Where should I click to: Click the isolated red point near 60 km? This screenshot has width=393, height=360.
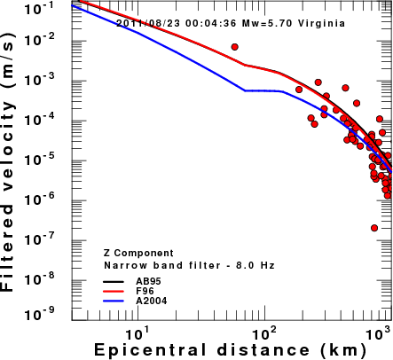click(235, 47)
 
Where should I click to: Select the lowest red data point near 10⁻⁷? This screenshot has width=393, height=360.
click(374, 228)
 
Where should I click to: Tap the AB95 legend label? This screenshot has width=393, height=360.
click(148, 281)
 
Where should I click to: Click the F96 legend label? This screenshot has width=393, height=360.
click(145, 291)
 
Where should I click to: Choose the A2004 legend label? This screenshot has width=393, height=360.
click(152, 301)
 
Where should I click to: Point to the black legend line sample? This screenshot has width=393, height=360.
click(114, 281)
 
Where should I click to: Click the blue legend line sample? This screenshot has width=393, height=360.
click(114, 301)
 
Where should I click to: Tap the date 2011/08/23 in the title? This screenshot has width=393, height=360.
click(148, 23)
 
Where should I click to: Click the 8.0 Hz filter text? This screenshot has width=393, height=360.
click(255, 265)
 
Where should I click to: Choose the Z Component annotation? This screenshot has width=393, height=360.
click(138, 254)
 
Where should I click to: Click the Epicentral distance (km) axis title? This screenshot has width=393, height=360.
click(230, 350)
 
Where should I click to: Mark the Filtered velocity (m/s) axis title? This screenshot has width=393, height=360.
click(8, 161)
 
